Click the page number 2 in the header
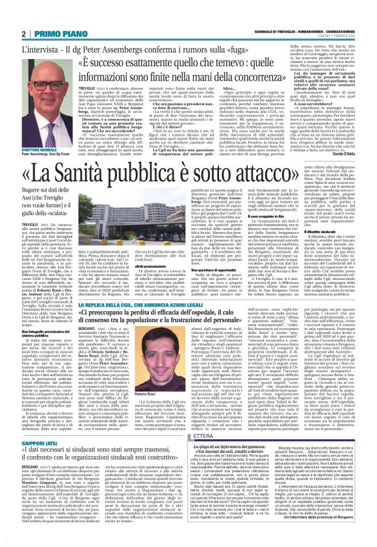(23, 33)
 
